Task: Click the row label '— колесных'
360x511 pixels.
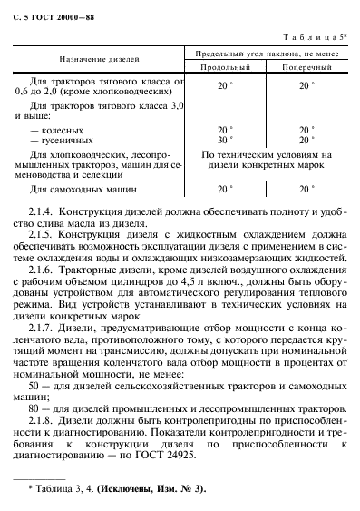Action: tap(56, 129)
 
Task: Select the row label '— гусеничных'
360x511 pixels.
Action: tap(60, 140)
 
